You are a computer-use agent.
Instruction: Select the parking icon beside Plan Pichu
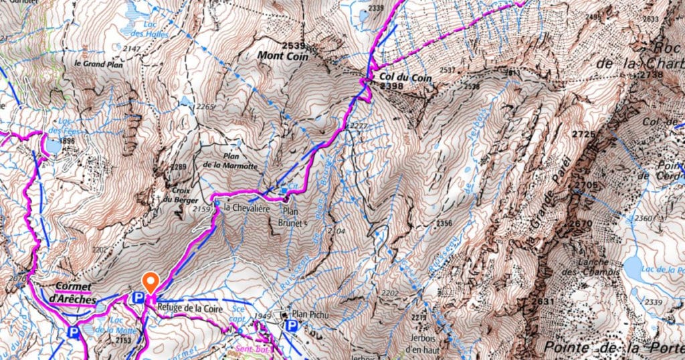coord(291,326)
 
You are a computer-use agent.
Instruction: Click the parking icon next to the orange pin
coord(138,297)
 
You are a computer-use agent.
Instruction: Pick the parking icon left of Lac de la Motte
coord(73,330)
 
